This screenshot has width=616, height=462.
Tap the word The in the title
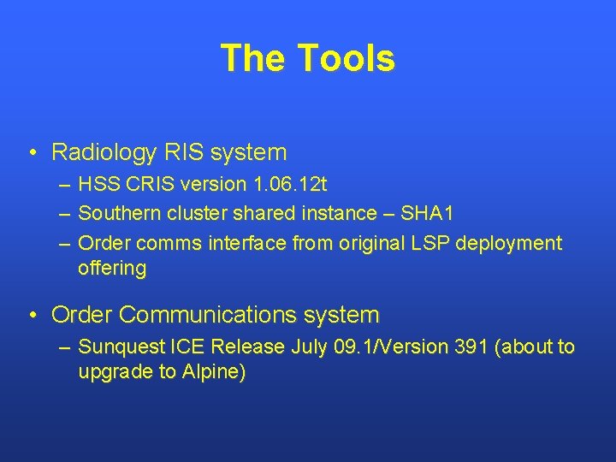254,58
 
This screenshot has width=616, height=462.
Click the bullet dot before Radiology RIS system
32,153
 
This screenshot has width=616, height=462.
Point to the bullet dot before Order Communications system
32,316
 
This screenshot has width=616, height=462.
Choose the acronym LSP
430,243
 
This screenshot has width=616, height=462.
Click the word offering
112,268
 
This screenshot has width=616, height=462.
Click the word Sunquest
115,346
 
